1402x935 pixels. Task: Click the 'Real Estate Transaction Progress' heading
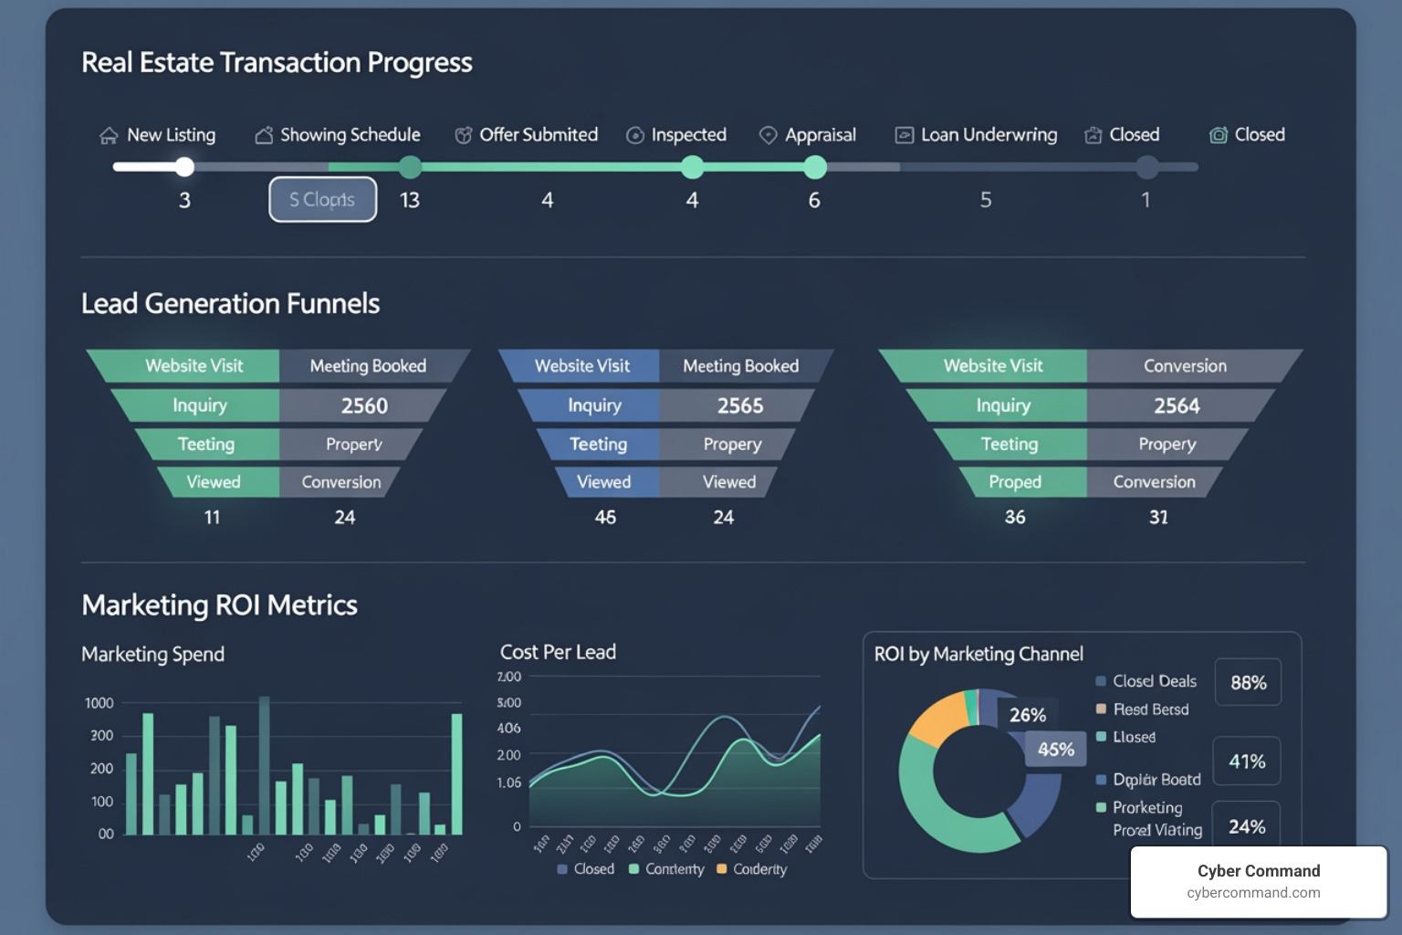[277, 62]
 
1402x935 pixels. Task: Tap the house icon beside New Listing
[109, 136]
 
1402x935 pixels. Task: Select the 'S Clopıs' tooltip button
[322, 199]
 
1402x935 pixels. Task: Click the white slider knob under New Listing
[184, 166]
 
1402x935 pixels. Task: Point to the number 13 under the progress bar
[410, 200]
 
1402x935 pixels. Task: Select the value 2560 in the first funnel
[364, 405]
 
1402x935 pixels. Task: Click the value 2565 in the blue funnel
[739, 405]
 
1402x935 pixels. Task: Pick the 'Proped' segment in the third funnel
[1014, 482]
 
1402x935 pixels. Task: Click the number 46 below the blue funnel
[605, 518]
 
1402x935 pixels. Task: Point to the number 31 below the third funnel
[1158, 518]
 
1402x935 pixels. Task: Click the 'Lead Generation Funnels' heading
[230, 303]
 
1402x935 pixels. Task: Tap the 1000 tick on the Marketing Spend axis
[99, 703]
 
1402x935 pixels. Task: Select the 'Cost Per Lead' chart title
[558, 652]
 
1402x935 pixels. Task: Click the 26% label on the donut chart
[1028, 715]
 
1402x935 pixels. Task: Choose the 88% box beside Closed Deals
[1248, 683]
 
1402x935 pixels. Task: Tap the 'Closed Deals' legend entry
[1154, 681]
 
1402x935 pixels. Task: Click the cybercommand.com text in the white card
[1253, 893]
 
